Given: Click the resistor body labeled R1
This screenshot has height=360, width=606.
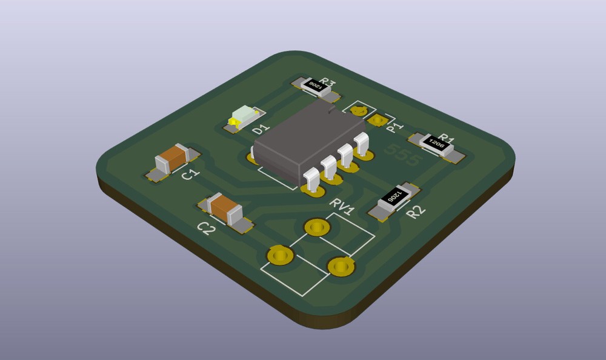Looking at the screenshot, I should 438,145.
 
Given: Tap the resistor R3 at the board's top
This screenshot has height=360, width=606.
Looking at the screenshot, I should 316,88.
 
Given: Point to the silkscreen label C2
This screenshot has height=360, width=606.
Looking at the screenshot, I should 206,228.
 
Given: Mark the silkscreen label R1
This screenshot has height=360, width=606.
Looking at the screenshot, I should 447,138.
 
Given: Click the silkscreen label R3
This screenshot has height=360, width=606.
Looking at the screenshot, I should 328,82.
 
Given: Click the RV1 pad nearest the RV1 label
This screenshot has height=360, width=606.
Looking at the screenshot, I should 316,227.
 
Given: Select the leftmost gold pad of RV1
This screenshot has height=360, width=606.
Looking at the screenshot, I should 280,255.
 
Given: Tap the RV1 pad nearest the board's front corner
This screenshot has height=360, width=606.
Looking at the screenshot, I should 340,265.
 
